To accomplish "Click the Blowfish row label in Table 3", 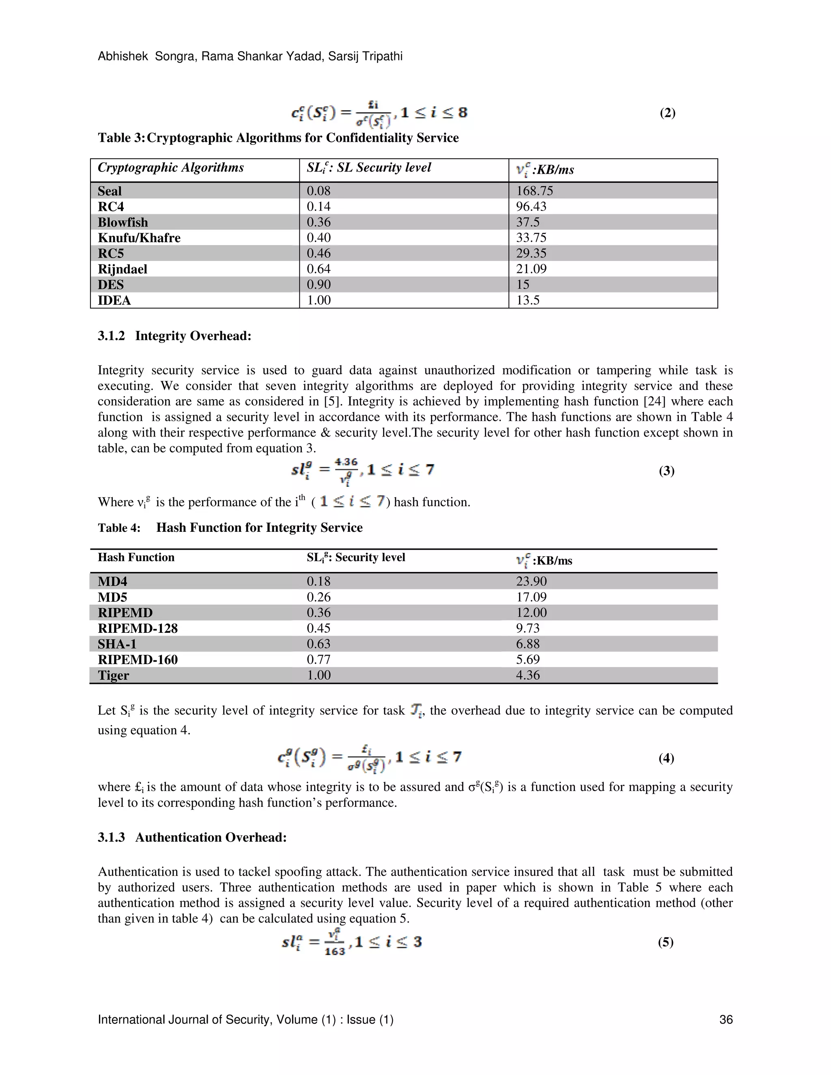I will (123, 222).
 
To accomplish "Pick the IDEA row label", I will (114, 300).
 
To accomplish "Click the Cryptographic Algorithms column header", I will (170, 168).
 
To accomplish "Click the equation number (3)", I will (667, 471).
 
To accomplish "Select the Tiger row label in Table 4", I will (113, 675).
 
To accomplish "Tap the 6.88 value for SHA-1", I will (528, 644).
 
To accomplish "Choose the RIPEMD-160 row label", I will (138, 660).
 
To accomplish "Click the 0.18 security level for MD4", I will (319, 581).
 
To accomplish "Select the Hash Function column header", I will (136, 557).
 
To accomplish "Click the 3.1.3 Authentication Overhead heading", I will (192, 838).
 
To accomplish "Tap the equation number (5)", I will (665, 942).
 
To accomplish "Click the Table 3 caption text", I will (278, 138).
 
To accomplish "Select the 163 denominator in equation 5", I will (335, 951).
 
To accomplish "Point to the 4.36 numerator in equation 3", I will (346, 462).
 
